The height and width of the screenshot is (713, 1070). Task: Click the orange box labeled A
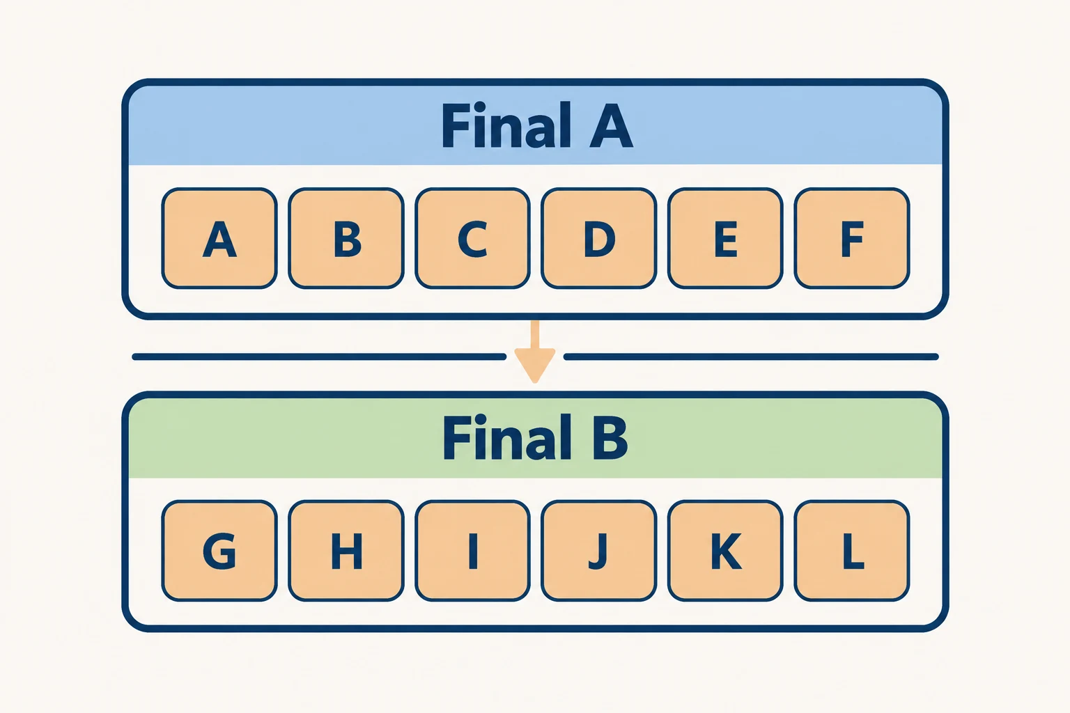pos(219,238)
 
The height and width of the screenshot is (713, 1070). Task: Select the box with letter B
pos(346,238)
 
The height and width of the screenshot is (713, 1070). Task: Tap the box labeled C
pos(472,238)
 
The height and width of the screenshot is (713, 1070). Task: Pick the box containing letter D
pos(599,238)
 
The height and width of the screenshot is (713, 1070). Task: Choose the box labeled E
pos(725,238)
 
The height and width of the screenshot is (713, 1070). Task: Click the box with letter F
pos(852,238)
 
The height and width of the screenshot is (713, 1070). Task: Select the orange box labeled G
pos(219,551)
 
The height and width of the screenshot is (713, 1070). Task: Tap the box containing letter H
pos(346,551)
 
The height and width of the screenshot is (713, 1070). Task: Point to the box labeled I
pos(472,551)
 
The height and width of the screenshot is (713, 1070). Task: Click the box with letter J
pos(599,551)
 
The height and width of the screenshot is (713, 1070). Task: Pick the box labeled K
pos(725,551)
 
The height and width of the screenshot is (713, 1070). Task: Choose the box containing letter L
pos(852,551)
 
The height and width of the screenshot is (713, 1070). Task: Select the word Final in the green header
pos(507,437)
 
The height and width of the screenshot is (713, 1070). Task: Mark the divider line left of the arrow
pos(319,356)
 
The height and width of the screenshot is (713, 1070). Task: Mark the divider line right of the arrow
pos(752,356)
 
